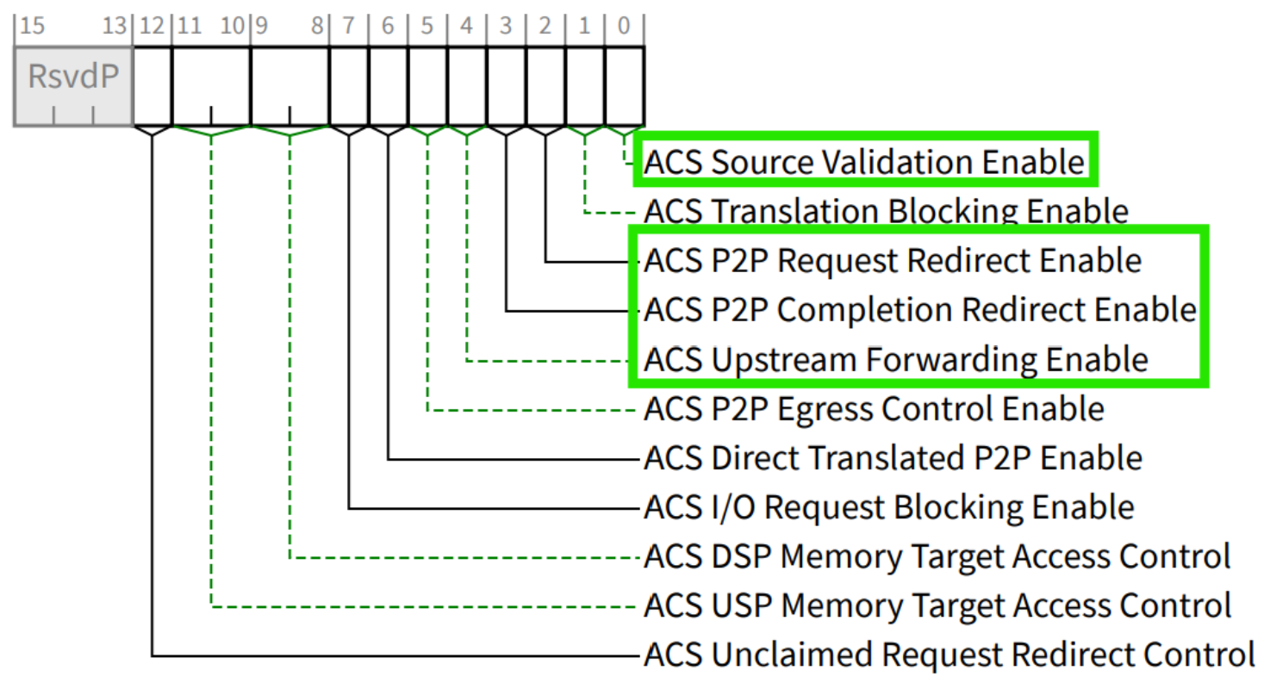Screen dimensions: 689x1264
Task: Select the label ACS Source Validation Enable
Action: [x=864, y=162]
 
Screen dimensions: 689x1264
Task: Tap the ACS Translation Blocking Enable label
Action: [x=886, y=211]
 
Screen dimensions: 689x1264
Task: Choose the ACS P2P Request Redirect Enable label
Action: [x=893, y=260]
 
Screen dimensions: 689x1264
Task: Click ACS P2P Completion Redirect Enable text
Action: [x=919, y=309]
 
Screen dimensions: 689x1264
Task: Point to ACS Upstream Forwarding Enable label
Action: [x=896, y=358]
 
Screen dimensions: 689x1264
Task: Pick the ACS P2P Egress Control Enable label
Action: [x=874, y=408]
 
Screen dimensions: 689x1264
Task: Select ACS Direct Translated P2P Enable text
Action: [x=893, y=457]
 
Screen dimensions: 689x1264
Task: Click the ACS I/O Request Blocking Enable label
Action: [x=888, y=507]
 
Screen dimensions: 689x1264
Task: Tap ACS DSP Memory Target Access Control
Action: [x=937, y=557]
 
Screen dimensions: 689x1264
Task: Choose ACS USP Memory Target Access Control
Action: [x=937, y=606]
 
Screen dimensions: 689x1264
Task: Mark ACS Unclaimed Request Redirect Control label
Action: [x=949, y=655]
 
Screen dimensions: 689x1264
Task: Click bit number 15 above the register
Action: [x=32, y=26]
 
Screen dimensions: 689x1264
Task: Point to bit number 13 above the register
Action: [x=115, y=26]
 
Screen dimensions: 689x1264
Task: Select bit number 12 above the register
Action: [x=152, y=26]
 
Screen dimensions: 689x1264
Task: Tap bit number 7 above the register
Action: [x=348, y=26]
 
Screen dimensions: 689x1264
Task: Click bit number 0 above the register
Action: [x=624, y=26]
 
